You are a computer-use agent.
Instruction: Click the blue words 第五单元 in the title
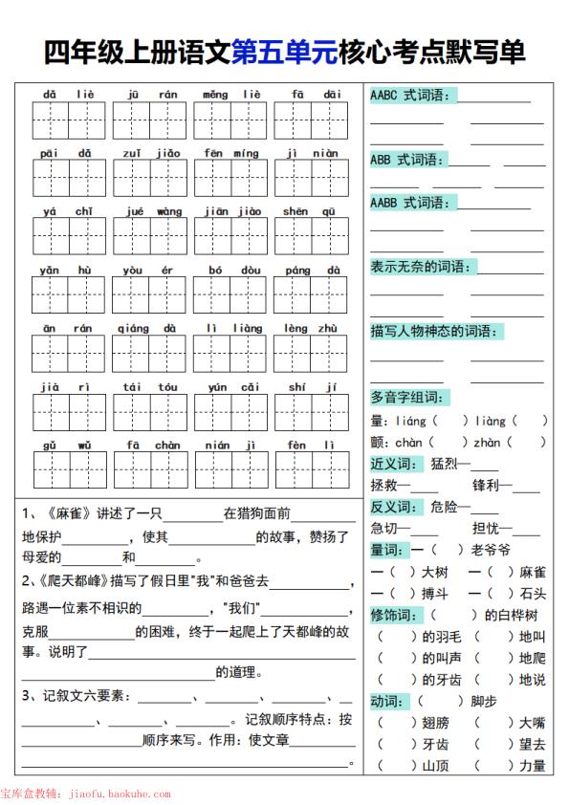point(284,52)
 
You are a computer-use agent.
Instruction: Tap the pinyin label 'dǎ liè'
point(70,95)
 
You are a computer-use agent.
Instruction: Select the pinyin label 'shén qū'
point(310,211)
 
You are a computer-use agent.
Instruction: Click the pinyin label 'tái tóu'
point(149,387)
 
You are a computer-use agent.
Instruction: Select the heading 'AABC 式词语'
point(412,95)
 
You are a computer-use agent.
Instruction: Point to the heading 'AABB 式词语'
point(412,203)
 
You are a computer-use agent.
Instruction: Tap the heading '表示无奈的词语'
point(422,267)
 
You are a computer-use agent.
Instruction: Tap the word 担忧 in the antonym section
point(487,528)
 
